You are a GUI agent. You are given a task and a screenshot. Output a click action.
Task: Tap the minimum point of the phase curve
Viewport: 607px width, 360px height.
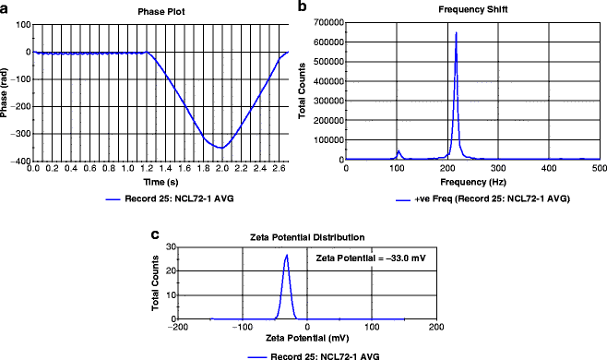click(x=220, y=148)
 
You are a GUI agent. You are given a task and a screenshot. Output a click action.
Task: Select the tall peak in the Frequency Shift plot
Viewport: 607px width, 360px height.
click(x=456, y=34)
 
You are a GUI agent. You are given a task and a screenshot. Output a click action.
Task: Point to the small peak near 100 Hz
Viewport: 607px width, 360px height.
click(x=398, y=150)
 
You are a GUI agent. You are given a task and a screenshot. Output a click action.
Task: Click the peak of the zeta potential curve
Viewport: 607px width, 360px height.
click(x=287, y=256)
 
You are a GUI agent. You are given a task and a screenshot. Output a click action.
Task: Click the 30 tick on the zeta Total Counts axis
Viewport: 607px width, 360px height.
click(x=171, y=248)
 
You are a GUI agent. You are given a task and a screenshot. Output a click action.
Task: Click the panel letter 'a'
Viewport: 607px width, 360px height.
click(x=6, y=7)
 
